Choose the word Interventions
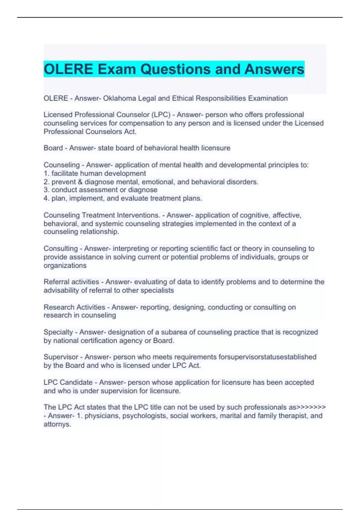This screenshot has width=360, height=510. point(138,215)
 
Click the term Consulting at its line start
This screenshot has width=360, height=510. point(61,249)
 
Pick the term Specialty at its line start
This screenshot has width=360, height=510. point(58,332)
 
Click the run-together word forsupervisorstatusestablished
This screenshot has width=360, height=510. point(267,357)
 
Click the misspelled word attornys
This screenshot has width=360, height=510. point(57,424)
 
